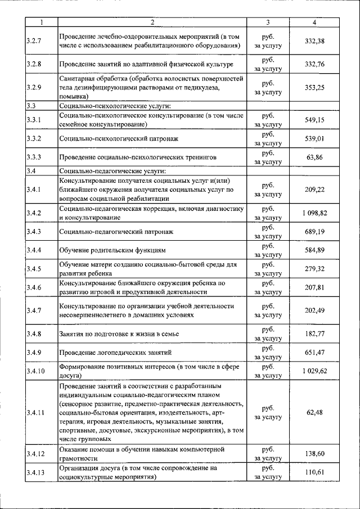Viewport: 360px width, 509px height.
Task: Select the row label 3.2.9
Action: click(34, 87)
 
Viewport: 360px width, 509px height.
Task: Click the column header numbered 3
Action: click(268, 22)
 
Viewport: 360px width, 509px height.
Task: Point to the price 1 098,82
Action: click(314, 213)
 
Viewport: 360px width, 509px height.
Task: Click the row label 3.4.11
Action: click(35, 412)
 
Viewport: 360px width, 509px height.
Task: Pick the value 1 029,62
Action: click(314, 371)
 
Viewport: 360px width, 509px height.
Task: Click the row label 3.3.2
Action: click(34, 138)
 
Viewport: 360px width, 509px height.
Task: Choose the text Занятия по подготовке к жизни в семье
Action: click(119, 334)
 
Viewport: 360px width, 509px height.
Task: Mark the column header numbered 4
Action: click(314, 22)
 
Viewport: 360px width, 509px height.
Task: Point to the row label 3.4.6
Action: click(34, 287)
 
